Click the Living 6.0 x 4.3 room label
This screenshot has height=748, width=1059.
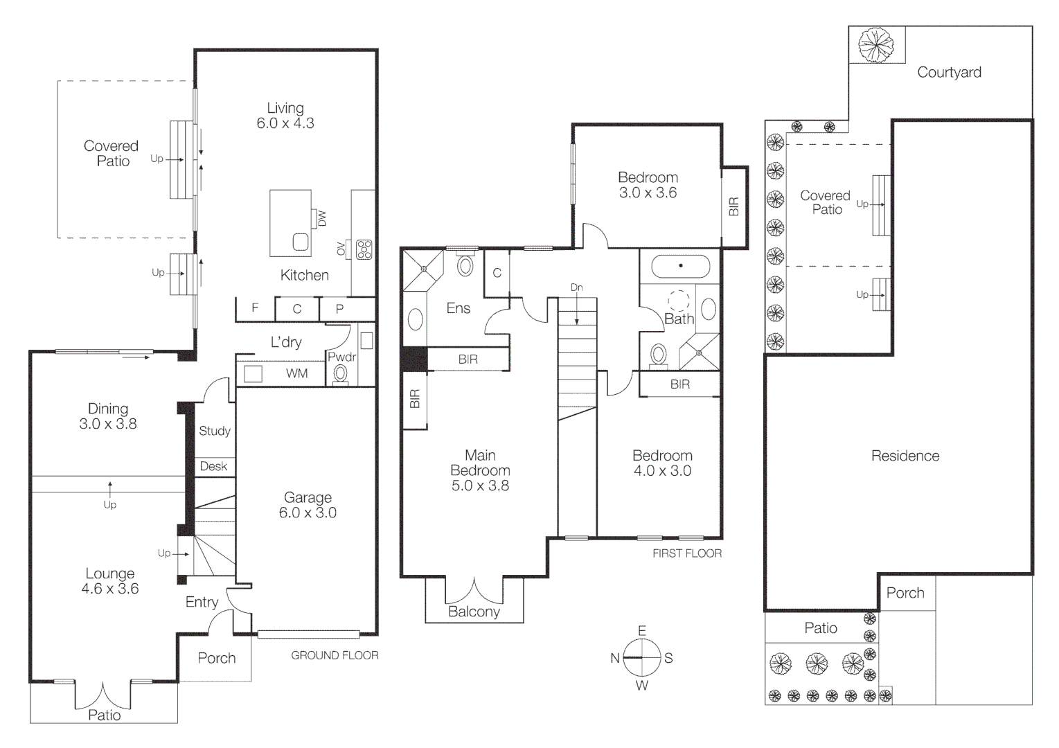(285, 116)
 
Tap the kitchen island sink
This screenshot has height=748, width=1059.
(301, 242)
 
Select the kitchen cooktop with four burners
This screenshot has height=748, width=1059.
(364, 249)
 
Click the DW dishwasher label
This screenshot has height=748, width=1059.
(322, 218)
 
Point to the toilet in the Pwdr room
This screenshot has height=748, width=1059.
(340, 373)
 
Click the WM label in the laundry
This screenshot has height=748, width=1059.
(296, 373)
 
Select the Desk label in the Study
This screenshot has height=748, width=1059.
(213, 466)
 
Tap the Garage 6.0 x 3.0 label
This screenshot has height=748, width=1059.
(308, 505)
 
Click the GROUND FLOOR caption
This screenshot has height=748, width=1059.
(335, 655)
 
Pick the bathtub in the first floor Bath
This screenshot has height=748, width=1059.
(681, 266)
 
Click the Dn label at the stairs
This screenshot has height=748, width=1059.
(576, 287)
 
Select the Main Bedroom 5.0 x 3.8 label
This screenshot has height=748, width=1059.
(480, 470)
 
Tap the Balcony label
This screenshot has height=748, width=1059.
(474, 612)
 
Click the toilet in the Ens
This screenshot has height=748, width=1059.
(465, 265)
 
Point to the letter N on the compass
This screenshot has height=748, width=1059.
(614, 658)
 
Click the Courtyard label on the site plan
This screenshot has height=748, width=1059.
(949, 72)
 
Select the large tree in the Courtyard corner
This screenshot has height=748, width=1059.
(876, 44)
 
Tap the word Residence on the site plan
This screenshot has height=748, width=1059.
(905, 456)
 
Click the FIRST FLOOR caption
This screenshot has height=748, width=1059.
(686, 553)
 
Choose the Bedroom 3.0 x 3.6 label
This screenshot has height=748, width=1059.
(648, 185)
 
